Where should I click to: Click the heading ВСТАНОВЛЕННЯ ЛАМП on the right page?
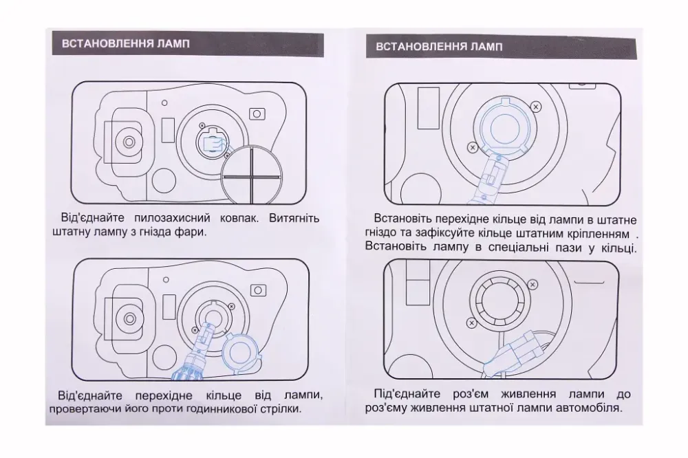click(438, 47)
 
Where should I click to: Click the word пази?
click(577, 247)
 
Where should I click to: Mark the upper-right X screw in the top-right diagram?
click(536, 105)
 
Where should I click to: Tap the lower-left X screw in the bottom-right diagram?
click(471, 323)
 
